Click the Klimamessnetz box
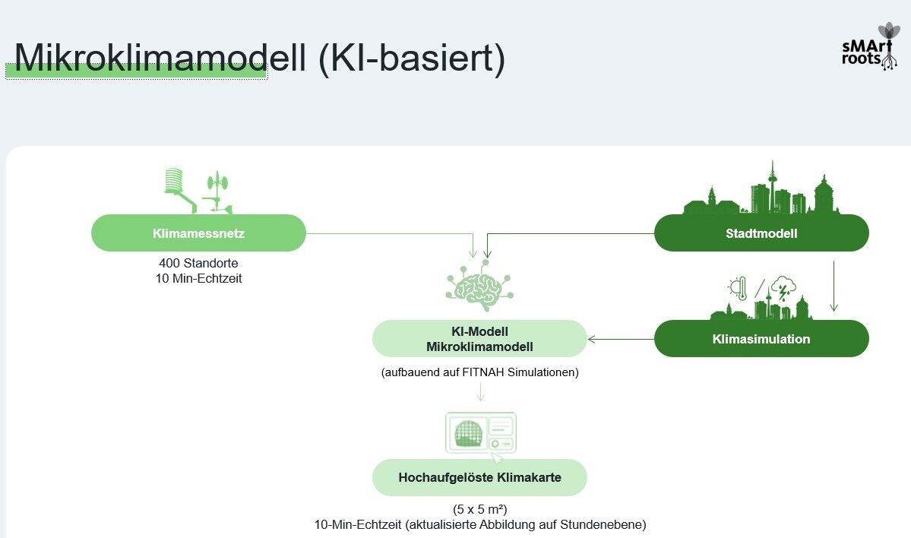198,233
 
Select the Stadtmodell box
761,233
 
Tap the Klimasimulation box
761,339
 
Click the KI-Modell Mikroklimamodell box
479,339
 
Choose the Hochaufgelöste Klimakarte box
479,478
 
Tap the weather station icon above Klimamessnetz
198,191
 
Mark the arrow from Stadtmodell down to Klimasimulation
834,286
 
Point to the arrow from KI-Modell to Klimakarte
479,391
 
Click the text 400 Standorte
198,263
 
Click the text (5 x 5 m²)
479,509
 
